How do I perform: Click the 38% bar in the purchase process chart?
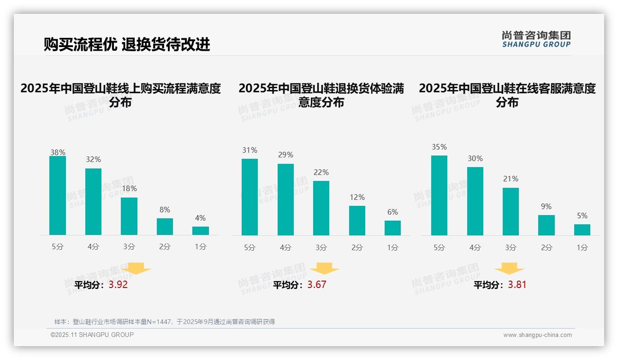coord(58,196)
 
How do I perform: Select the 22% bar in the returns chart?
coord(321,208)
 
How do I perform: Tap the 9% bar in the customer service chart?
coord(546,225)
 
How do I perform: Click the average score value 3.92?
coord(118,285)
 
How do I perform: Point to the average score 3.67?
coord(317,285)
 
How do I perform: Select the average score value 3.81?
coord(517,285)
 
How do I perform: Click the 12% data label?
coord(357,197)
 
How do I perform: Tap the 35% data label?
coord(439,147)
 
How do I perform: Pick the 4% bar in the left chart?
coord(201,231)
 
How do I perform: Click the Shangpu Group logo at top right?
coord(536,39)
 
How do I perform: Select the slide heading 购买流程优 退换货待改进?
coord(127,44)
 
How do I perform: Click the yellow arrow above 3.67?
coord(324,269)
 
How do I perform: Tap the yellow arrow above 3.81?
coord(509,269)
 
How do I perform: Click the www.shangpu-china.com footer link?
coord(537,335)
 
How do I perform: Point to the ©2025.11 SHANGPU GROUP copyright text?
coord(92,335)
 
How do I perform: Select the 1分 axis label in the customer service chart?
coord(582,247)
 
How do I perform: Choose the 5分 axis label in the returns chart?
coord(250,247)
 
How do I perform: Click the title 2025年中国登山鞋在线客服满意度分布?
coord(507,95)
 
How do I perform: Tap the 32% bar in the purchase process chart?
coord(93,202)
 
